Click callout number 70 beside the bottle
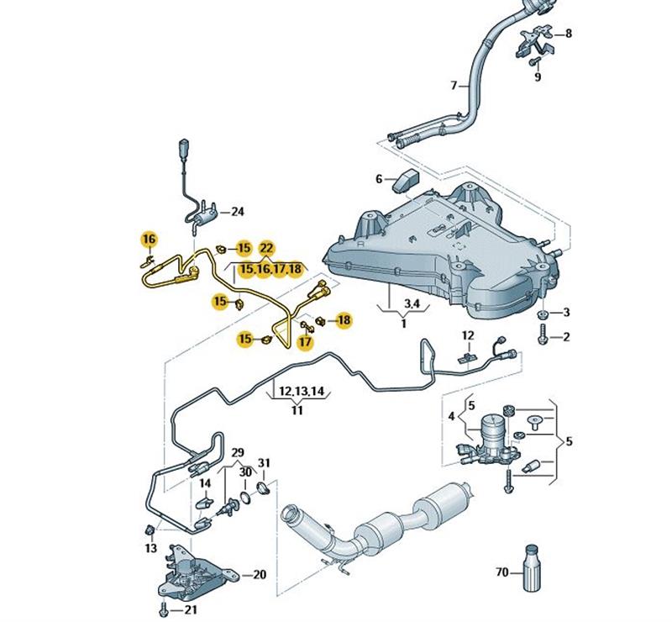[x=501, y=572]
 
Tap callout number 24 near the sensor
[x=237, y=211]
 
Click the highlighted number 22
[x=266, y=248]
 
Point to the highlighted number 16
[x=149, y=240]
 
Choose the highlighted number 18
[x=344, y=319]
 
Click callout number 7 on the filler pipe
[x=454, y=86]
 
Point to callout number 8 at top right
[x=568, y=34]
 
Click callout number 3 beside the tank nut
[x=565, y=313]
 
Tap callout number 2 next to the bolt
[x=565, y=338]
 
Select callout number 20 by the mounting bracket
[x=259, y=576]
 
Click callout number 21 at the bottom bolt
[x=192, y=609]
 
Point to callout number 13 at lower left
[x=150, y=548]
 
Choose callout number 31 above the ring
[x=264, y=463]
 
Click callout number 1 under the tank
[x=403, y=324]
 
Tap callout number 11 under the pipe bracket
[x=297, y=411]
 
